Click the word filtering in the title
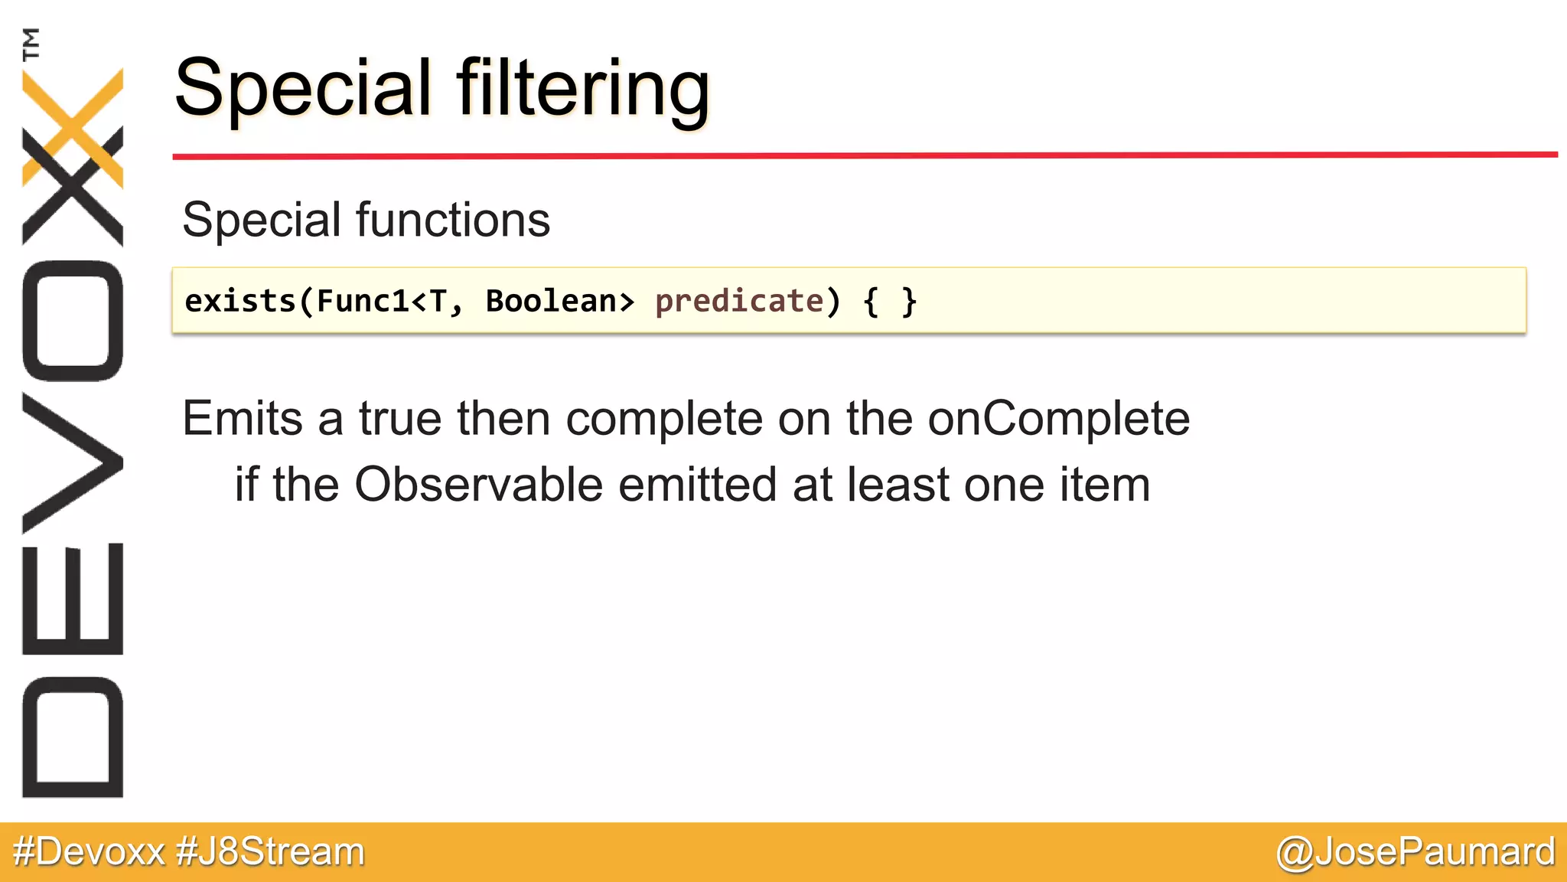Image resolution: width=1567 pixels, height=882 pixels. click(583, 90)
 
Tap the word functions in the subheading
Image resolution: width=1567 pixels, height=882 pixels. click(453, 220)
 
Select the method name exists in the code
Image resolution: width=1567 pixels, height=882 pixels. click(240, 301)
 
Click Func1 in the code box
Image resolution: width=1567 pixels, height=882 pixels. click(363, 301)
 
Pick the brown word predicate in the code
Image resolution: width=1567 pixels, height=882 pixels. click(739, 301)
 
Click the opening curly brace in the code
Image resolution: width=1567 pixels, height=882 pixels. click(870, 302)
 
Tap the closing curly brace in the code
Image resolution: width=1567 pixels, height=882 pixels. click(908, 302)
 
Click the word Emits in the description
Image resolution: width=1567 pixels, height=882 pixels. click(243, 419)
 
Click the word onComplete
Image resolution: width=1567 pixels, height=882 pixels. click(1058, 419)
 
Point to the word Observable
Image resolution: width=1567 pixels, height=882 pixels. click(478, 485)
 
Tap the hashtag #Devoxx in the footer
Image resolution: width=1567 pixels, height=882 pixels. click(89, 851)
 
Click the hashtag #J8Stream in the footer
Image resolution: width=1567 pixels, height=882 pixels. click(270, 851)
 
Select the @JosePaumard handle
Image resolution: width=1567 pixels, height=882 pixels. click(1416, 851)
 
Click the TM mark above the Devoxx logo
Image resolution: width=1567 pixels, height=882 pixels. click(31, 44)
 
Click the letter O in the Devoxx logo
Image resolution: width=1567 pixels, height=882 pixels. click(73, 321)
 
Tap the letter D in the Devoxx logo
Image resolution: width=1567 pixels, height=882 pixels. click(73, 737)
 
